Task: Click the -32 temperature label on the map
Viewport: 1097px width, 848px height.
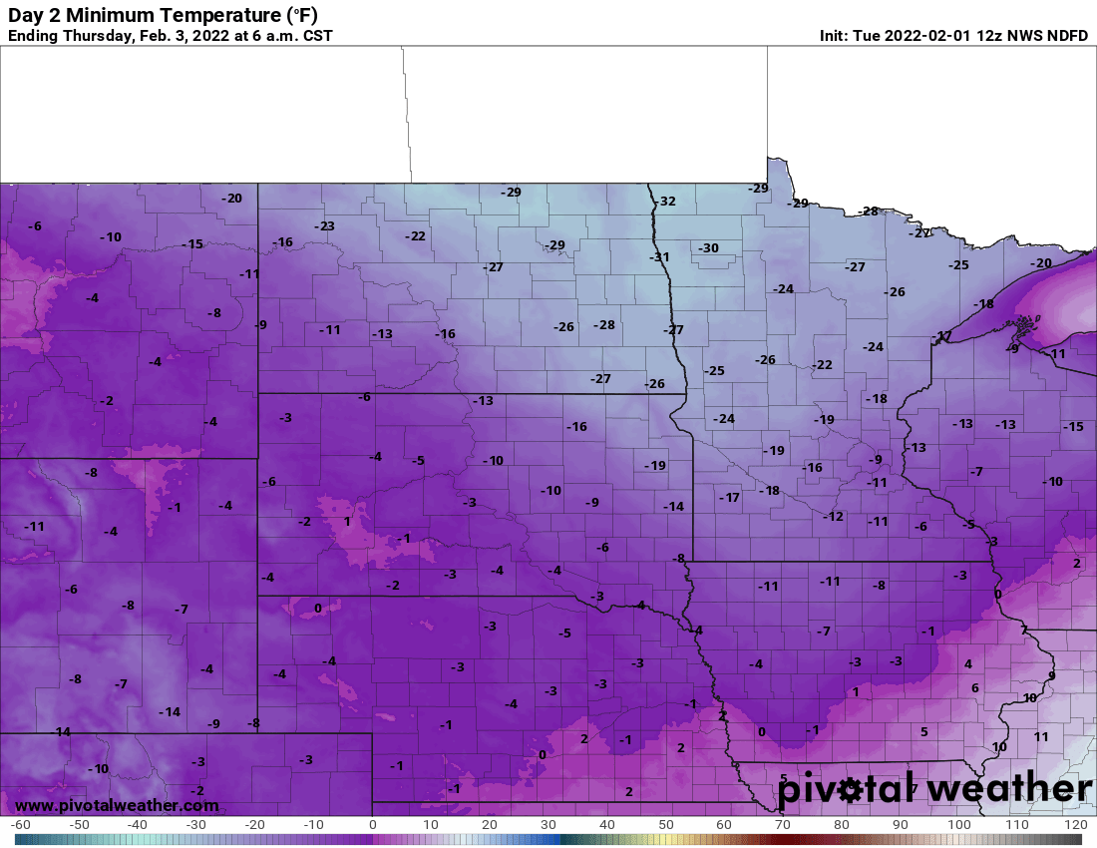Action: point(665,202)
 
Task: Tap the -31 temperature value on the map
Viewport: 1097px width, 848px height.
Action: point(659,257)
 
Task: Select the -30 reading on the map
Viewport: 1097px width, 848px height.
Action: point(708,248)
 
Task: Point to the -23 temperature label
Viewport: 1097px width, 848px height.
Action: point(324,226)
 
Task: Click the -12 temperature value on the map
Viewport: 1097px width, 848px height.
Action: point(833,516)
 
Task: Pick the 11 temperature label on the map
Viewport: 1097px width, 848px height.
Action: point(1041,736)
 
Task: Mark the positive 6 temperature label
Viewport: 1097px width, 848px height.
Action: point(974,688)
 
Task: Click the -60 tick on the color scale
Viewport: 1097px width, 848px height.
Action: point(20,825)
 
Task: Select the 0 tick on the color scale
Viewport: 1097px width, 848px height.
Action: point(372,825)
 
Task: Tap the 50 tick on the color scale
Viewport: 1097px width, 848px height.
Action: point(665,825)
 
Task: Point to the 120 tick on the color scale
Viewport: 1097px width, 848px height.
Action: point(1075,825)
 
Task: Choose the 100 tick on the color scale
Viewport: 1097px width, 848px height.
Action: point(958,825)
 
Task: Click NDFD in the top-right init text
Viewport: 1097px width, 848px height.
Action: point(1067,36)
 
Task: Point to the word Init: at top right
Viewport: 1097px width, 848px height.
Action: point(836,36)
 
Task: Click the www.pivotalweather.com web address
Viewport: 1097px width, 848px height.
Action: point(117,805)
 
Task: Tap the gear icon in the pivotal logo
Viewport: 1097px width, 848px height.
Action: point(850,790)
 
